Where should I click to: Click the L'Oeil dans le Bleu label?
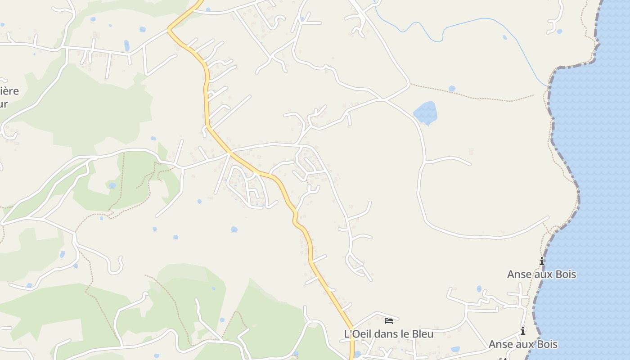click(x=388, y=334)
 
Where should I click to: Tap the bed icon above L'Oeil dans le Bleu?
click(x=389, y=321)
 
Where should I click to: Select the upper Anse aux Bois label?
click(x=541, y=274)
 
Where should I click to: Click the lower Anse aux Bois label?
click(x=523, y=344)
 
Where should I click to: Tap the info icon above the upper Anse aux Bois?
click(x=542, y=261)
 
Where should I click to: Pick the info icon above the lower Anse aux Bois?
click(x=523, y=331)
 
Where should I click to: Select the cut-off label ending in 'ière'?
click(x=9, y=91)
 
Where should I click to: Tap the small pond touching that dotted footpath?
click(x=452, y=88)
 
